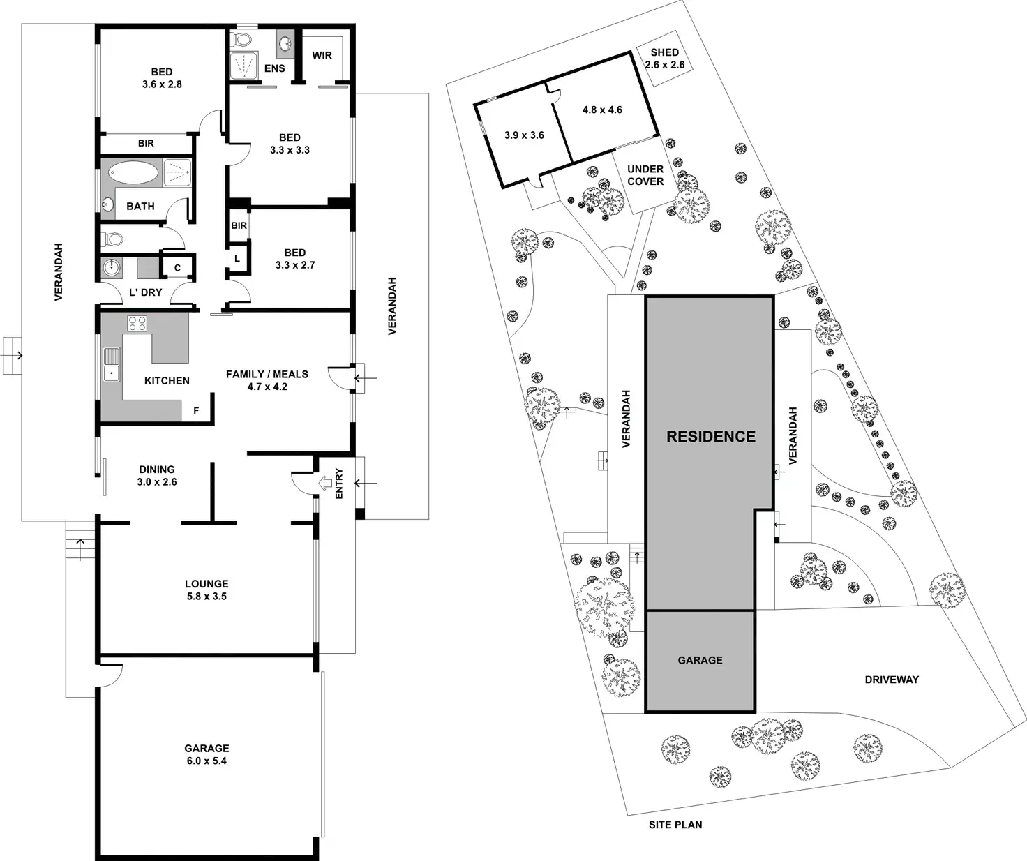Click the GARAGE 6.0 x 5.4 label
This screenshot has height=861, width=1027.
[207, 754]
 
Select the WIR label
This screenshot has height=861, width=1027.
[322, 55]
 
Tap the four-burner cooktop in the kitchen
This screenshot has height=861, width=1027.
[137, 323]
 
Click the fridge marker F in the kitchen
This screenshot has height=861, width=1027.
[196, 411]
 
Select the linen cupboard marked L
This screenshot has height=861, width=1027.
[237, 259]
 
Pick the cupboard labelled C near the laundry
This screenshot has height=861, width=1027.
[177, 267]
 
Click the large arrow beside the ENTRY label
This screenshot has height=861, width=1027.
[326, 482]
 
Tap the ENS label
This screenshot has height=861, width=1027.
[274, 68]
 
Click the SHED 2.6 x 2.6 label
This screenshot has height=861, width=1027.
[664, 59]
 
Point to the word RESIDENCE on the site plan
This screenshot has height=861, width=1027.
[710, 437]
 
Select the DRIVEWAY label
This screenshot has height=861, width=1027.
[891, 679]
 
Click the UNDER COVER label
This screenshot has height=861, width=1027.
[645, 175]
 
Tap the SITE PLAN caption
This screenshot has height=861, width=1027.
[675, 825]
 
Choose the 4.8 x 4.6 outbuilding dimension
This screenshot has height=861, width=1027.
[602, 110]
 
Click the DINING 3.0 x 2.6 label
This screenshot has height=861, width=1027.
[156, 475]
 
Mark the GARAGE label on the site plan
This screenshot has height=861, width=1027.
[700, 660]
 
